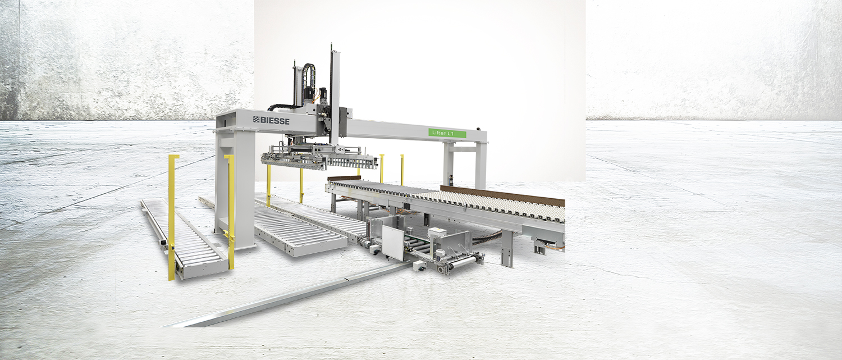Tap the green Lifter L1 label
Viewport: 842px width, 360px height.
click(x=447, y=133)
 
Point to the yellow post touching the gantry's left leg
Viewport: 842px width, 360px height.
click(x=230, y=211)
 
